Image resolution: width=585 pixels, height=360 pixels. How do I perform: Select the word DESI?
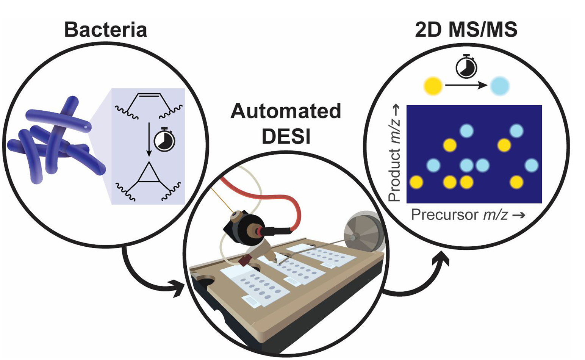click(x=286, y=137)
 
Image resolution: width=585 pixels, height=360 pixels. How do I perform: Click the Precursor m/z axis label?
click(x=468, y=215)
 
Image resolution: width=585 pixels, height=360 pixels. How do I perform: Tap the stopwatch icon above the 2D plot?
click(x=466, y=66)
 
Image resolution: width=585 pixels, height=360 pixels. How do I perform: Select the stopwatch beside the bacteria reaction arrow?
click(x=164, y=141)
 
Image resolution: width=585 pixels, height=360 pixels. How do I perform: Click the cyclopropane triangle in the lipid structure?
click(x=149, y=175)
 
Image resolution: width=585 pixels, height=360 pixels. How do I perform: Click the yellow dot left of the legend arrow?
click(x=433, y=86)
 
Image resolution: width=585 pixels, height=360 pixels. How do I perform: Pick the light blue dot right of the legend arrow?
click(x=500, y=86)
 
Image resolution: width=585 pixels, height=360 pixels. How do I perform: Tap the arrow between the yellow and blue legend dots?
click(x=466, y=86)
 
